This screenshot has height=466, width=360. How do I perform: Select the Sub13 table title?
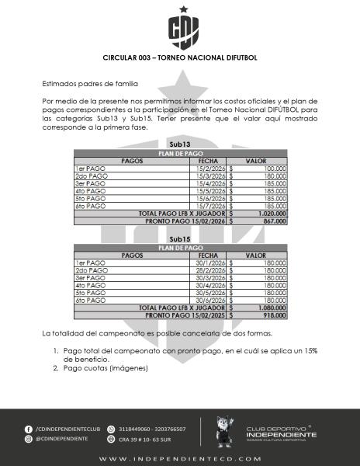180,145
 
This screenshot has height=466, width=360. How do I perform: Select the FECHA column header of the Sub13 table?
207,161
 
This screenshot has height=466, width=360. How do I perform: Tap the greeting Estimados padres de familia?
90,83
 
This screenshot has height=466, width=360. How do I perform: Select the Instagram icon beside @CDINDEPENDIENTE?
29,439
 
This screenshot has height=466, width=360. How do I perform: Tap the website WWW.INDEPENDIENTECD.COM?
180,459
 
